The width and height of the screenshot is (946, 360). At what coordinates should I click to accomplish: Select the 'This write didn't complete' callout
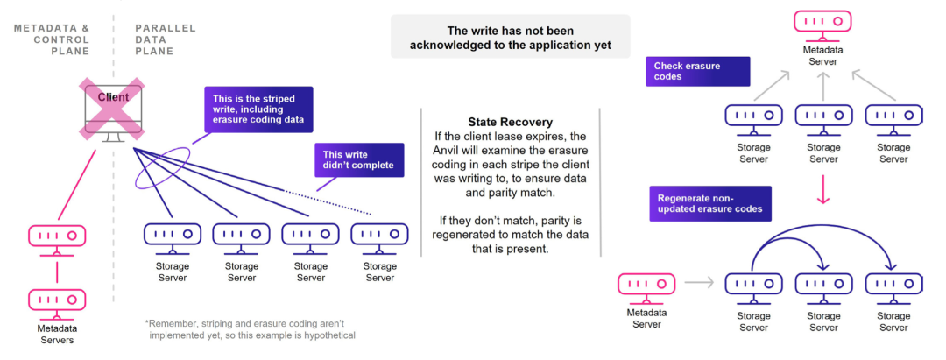click(x=359, y=159)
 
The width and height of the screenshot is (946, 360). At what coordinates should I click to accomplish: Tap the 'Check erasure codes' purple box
click(x=698, y=72)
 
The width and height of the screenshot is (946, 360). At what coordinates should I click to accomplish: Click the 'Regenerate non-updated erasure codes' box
click(x=710, y=203)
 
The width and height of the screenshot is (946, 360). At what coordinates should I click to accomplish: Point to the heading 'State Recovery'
click(x=510, y=121)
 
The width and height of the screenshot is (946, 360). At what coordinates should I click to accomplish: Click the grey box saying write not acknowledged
click(x=510, y=37)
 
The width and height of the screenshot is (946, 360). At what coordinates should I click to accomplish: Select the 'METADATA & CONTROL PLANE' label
click(x=52, y=39)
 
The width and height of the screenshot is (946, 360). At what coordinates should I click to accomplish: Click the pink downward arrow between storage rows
click(x=822, y=188)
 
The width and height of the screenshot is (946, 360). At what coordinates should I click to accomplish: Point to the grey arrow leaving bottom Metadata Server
click(x=700, y=282)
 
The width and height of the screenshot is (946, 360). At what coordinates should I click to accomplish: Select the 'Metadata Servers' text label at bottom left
click(x=57, y=334)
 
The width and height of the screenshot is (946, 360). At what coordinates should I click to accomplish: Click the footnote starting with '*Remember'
click(x=250, y=329)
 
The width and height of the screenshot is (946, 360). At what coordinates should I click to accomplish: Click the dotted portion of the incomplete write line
click(x=328, y=202)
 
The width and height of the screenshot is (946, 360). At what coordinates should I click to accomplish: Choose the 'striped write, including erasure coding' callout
click(x=258, y=109)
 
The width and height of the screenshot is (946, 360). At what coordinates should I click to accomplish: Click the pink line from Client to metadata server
click(x=77, y=185)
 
